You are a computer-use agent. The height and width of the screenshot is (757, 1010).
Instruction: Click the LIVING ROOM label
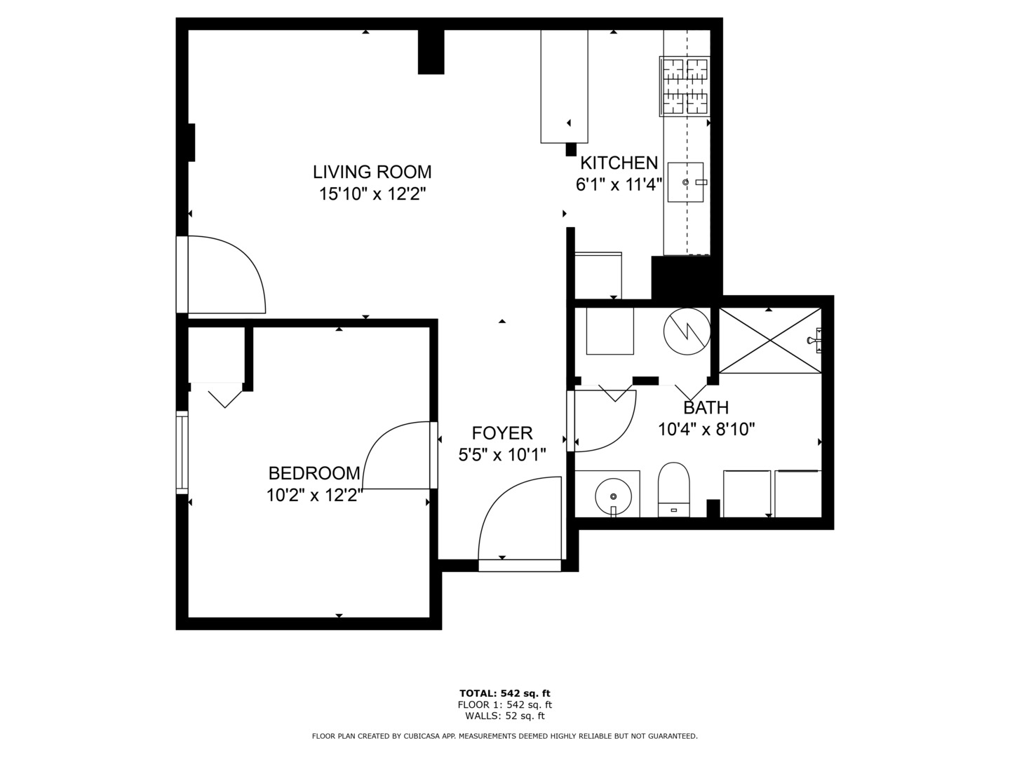372,172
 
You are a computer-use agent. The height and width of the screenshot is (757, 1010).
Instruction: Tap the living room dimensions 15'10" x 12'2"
372,194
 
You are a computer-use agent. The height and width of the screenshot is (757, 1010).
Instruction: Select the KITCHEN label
619,163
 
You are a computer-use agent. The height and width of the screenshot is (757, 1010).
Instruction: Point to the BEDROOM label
314,473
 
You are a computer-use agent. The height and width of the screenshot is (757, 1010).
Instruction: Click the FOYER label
501,433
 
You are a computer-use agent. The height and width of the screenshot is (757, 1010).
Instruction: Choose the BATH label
706,407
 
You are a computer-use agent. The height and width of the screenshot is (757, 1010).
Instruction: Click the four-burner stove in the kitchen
685,86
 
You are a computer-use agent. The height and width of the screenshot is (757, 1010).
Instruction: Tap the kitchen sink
685,182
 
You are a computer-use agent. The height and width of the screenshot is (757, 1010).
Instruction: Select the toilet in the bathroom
673,489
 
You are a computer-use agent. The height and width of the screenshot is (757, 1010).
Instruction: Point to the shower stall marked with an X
770,340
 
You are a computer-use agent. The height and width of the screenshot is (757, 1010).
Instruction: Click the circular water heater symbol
687,331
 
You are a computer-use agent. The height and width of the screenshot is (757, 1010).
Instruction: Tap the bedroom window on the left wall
182,452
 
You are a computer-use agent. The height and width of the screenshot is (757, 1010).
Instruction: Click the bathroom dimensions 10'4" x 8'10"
706,429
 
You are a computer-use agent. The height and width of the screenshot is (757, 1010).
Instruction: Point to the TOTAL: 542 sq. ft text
504,693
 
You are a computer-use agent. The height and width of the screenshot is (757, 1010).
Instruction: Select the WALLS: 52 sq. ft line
504,716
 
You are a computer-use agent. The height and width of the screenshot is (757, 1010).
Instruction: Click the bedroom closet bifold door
224,395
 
